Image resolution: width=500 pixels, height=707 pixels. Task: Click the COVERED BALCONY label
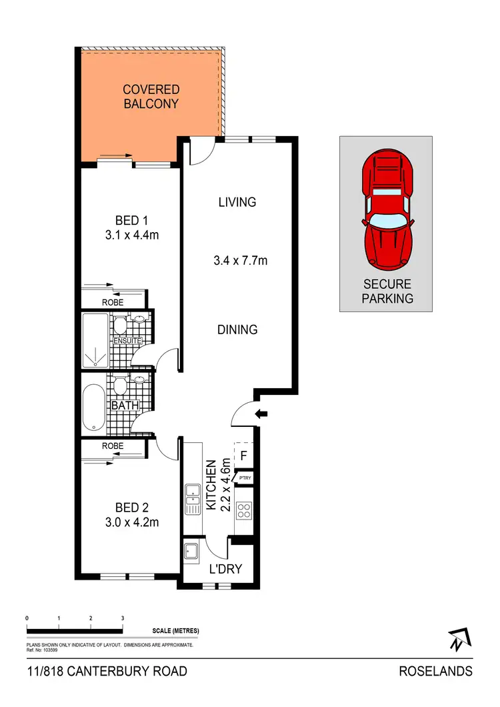151,96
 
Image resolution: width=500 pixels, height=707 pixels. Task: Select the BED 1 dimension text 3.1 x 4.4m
131,235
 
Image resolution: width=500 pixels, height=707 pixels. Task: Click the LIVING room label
237,202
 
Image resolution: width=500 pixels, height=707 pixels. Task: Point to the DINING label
237,329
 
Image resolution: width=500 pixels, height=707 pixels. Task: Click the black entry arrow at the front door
262,415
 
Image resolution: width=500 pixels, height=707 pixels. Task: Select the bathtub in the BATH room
93,407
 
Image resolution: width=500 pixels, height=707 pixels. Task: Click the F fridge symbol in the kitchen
243,457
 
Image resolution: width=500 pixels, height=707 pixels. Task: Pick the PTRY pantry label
245,478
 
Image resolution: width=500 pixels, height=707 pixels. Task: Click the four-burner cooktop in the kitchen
245,511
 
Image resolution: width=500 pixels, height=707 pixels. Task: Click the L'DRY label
225,569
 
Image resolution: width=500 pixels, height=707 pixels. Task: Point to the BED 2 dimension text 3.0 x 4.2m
131,522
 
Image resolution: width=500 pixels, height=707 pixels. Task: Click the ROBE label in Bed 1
113,302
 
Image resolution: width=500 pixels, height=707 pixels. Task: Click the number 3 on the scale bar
123,618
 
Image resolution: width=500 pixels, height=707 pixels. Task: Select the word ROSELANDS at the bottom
435,671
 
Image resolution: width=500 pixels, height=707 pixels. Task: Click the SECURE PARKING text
387,291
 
